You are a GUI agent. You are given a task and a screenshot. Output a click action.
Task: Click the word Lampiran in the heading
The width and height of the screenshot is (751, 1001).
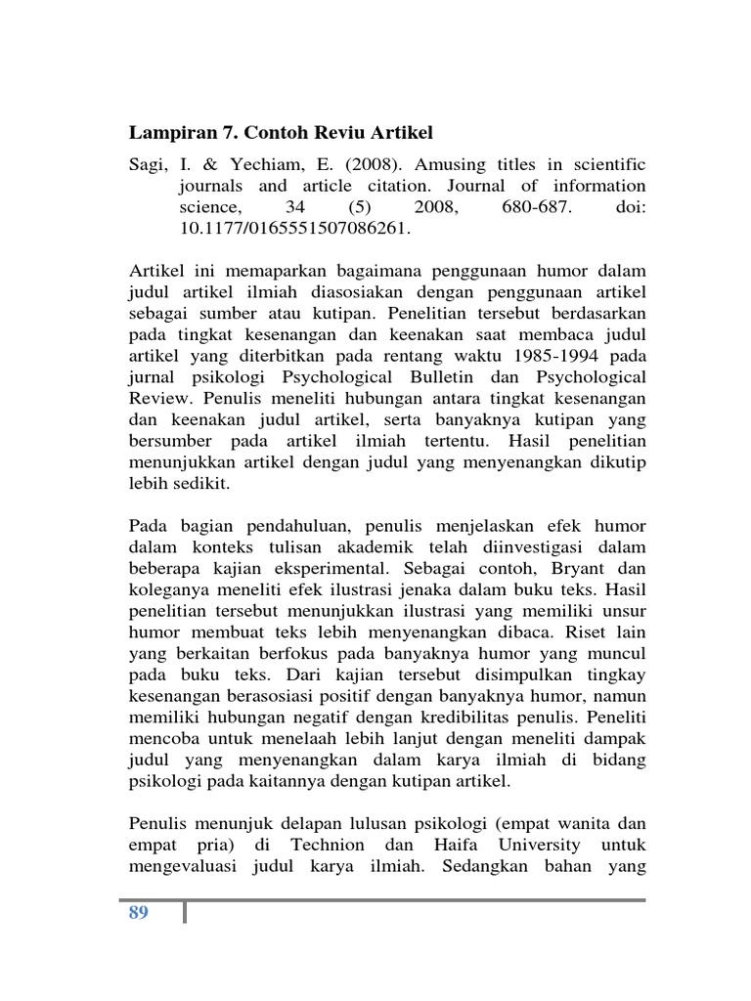point(169,134)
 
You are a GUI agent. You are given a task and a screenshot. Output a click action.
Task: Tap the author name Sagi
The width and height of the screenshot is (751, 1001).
point(148,163)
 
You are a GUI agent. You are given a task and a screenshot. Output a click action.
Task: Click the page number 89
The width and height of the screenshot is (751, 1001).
point(138,914)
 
